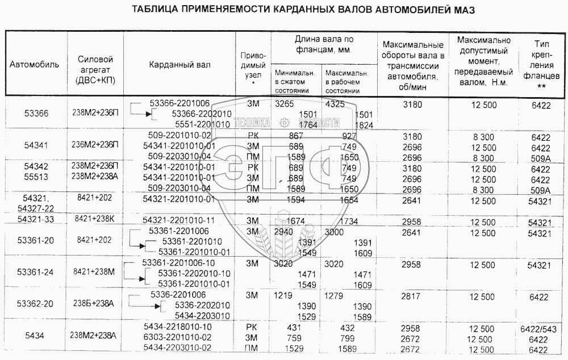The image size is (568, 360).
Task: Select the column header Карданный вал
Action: (x=179, y=64)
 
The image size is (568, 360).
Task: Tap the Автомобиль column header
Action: (x=34, y=64)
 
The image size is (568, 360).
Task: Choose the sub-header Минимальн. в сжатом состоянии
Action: (x=294, y=82)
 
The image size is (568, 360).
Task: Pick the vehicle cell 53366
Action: (x=36, y=114)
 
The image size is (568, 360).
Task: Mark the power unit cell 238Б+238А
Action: (x=94, y=304)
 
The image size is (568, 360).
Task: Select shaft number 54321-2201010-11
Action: (x=179, y=220)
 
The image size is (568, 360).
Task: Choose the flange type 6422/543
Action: (x=541, y=329)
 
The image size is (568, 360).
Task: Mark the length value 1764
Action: (x=307, y=125)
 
